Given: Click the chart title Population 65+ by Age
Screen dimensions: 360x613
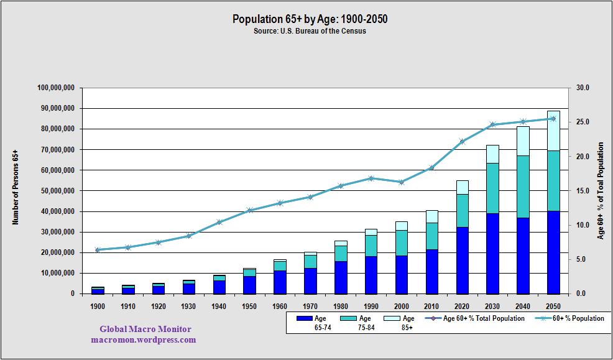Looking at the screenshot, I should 310,19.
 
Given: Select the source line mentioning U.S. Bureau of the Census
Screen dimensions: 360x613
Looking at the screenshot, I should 310,31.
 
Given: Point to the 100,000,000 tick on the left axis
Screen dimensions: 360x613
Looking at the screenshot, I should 56,88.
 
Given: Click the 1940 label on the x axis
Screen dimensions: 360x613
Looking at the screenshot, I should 219,307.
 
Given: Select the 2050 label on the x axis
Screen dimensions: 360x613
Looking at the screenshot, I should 553,307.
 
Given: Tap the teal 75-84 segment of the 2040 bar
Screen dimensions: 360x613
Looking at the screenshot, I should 523,187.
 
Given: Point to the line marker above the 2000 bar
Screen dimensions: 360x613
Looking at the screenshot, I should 402,182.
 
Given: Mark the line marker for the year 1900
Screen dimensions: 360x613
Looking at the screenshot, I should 98,250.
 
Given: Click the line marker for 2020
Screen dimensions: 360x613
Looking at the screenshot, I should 463,141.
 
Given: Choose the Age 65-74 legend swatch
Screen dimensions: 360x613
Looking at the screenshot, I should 304,318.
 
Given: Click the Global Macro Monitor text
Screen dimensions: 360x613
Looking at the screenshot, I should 146,330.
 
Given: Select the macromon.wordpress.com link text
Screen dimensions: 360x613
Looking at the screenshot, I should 144,339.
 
